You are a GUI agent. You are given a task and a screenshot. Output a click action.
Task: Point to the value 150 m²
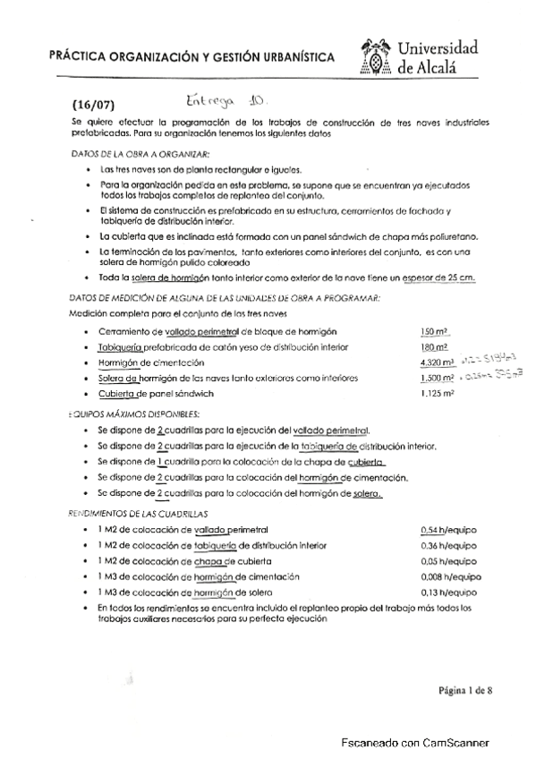(432, 332)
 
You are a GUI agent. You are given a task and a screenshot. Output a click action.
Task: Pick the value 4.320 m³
(437, 362)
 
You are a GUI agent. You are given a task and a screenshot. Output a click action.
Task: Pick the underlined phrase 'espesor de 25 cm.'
(436, 279)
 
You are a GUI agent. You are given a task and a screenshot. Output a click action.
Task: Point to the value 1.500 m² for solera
(437, 379)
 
